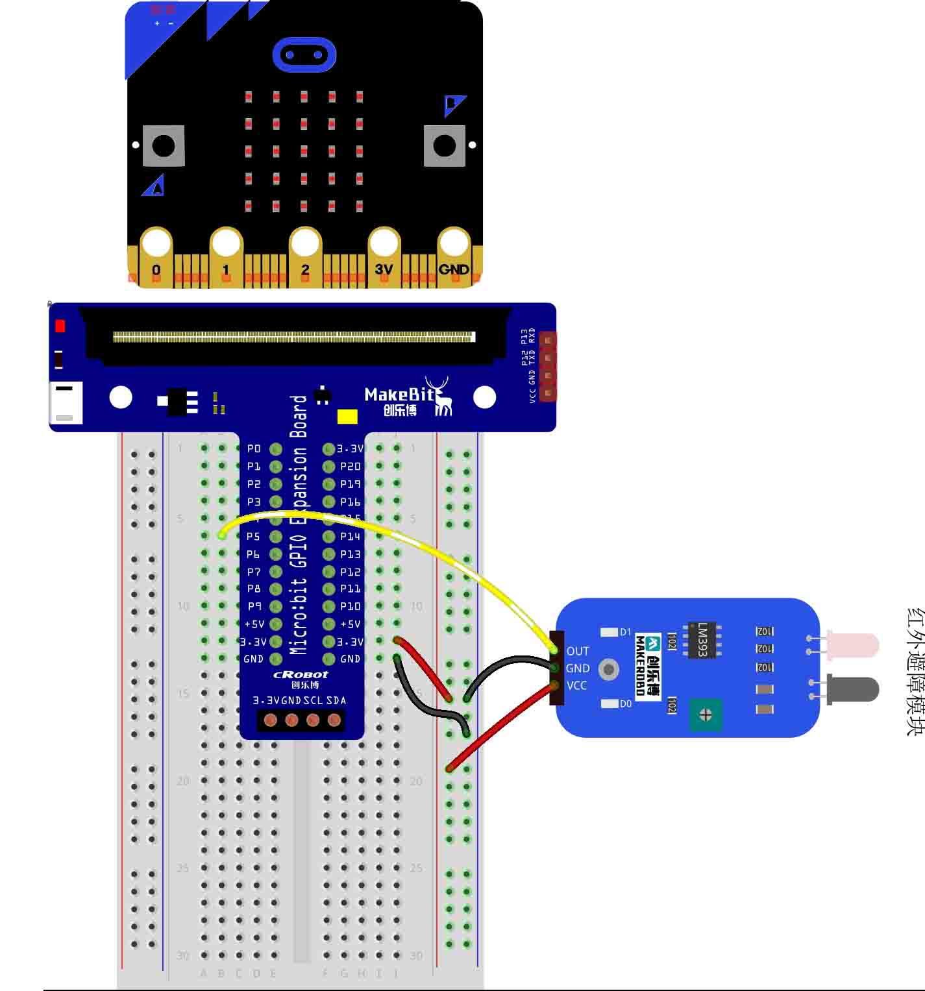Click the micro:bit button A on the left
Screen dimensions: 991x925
tap(163, 146)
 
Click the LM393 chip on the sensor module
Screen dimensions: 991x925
tap(702, 640)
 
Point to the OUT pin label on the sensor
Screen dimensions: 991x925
tap(577, 651)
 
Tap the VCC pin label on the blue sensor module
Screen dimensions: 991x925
tap(576, 685)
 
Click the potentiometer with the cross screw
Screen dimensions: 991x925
tap(706, 715)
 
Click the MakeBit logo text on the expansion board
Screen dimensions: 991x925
tap(399, 395)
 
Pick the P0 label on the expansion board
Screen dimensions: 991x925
tap(254, 448)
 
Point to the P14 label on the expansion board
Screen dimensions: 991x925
tap(350, 537)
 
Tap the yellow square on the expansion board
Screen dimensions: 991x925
tap(347, 416)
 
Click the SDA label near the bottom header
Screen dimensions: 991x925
tap(336, 700)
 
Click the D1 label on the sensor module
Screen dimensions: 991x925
tap(625, 632)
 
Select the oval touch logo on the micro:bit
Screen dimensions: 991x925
tap(304, 55)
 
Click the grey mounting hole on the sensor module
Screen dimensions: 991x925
tap(608, 669)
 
